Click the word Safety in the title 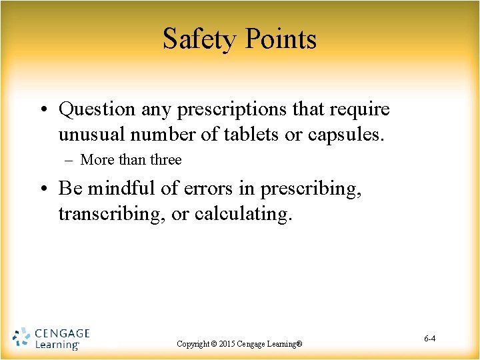pos(199,39)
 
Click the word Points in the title pos(280,39)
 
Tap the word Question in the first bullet pos(97,109)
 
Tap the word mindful pos(113,189)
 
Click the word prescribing pos(311,189)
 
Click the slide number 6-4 pos(429,339)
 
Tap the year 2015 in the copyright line pos(227,344)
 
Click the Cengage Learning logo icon pos(21,338)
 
